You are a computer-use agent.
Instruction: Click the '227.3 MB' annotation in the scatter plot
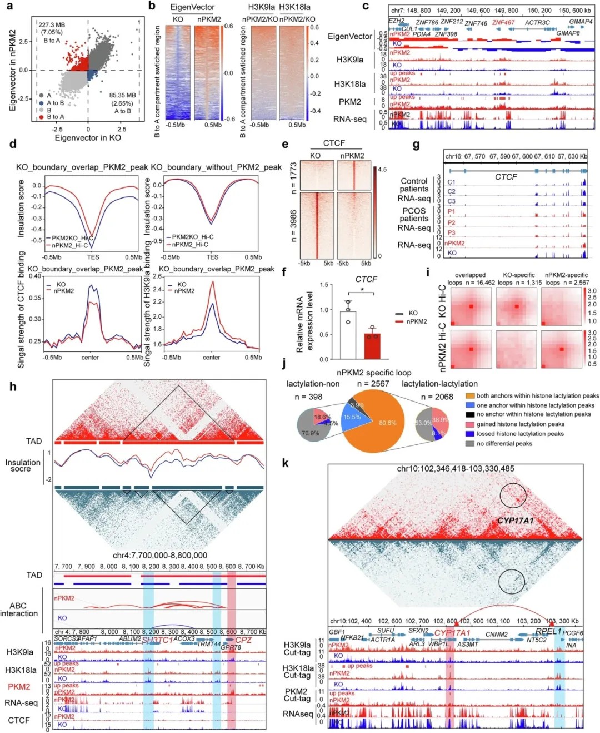(52, 25)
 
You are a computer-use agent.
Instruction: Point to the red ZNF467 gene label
(503, 23)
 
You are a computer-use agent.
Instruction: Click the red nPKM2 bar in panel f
(372, 345)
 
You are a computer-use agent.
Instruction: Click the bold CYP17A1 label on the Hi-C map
(515, 521)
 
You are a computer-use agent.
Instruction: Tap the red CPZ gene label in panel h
(243, 640)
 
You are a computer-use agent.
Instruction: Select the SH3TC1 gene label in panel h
(157, 640)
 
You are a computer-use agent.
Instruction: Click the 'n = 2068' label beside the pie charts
(437, 397)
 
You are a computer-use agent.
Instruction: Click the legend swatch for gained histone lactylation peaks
(470, 424)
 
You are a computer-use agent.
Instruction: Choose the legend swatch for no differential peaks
(470, 443)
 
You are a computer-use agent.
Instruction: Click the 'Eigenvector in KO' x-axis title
(87, 138)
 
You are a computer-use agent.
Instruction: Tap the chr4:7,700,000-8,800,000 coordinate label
(160, 555)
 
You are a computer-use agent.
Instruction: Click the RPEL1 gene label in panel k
(548, 632)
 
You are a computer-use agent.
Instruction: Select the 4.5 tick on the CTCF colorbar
(382, 169)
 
